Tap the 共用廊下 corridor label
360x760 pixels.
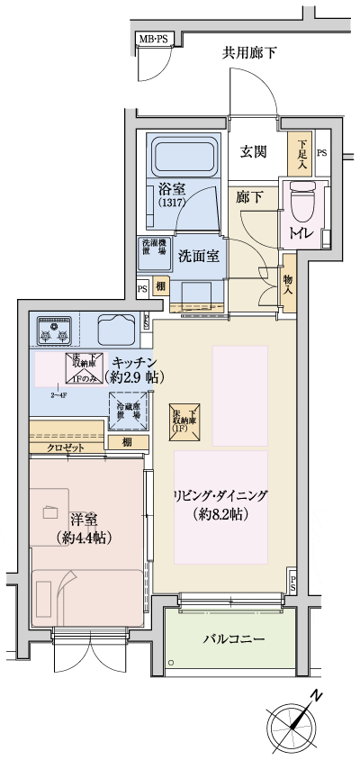pos(249,52)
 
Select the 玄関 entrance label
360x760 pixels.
pos(254,152)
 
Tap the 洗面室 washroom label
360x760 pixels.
pos(198,255)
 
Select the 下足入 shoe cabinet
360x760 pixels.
pos(301,152)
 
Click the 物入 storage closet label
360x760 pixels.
pos(289,285)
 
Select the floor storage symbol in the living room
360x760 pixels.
pos(186,418)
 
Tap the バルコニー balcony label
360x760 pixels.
pos(232,638)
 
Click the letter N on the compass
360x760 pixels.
pos(317,696)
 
